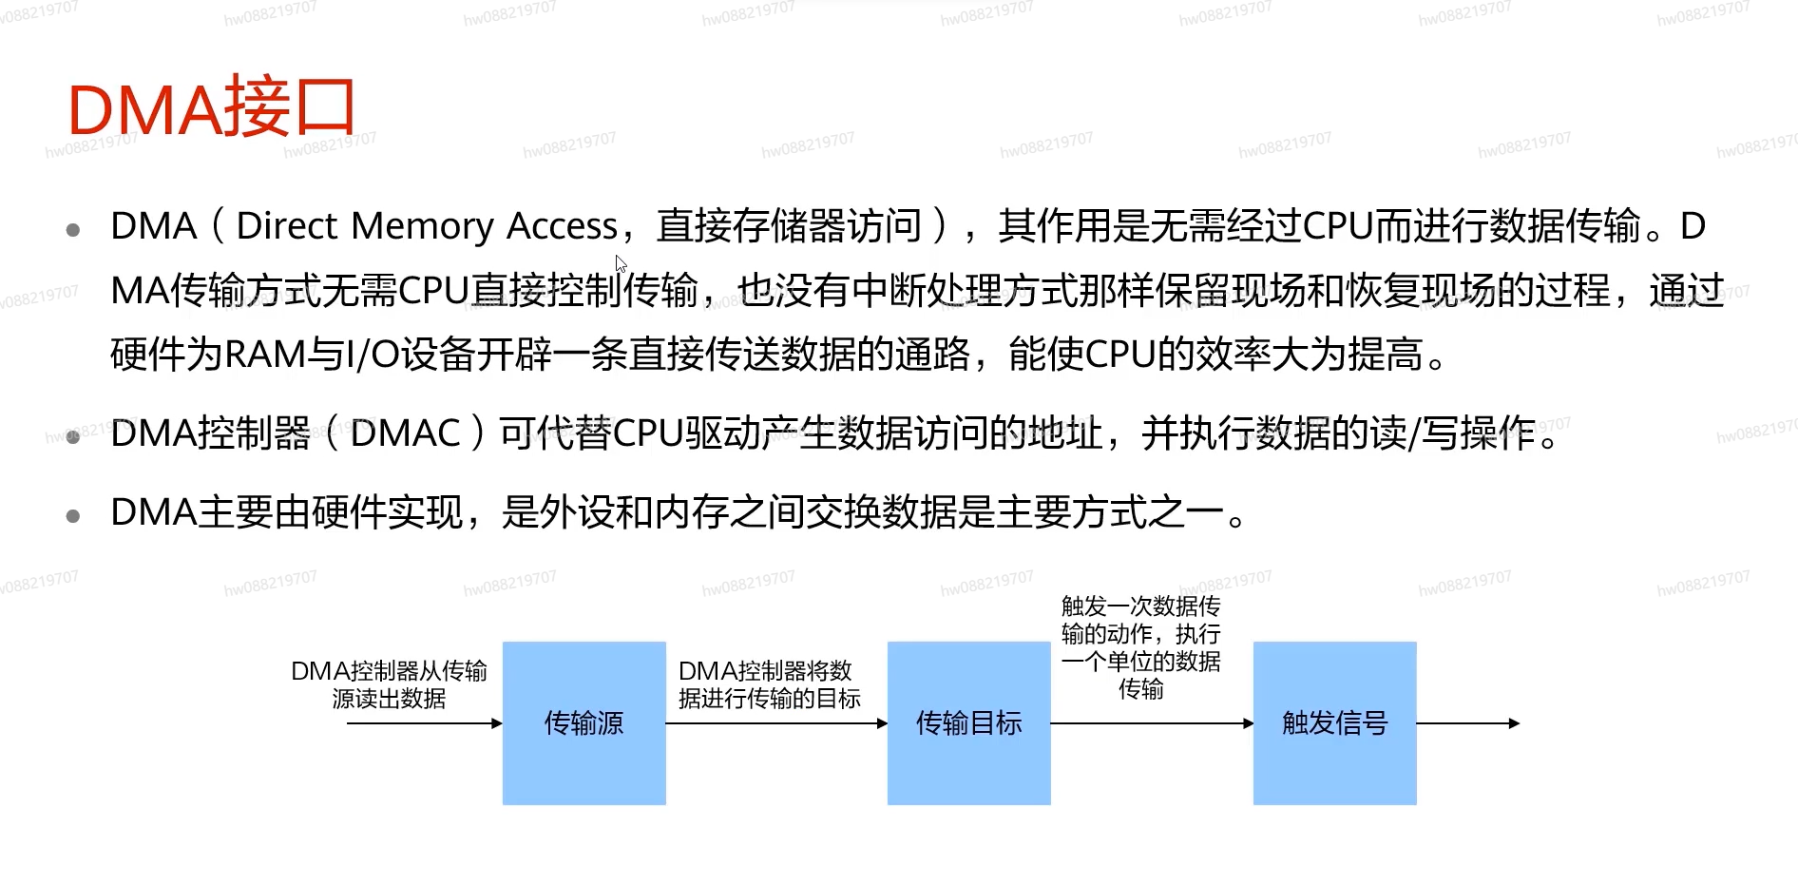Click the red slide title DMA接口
211,108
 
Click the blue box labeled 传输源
583,723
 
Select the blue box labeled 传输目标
968,723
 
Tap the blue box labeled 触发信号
1334,723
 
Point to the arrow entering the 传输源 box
424,723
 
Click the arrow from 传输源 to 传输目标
775,723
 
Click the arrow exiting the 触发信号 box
1467,723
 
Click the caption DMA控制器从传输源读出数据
389,684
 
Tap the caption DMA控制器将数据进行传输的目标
769,684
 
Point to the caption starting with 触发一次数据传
1140,646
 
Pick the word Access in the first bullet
562,226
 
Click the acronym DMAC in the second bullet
406,433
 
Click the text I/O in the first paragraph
373,355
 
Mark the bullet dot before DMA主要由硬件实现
73,516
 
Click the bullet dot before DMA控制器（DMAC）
73,436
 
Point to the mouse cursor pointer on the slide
621,263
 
